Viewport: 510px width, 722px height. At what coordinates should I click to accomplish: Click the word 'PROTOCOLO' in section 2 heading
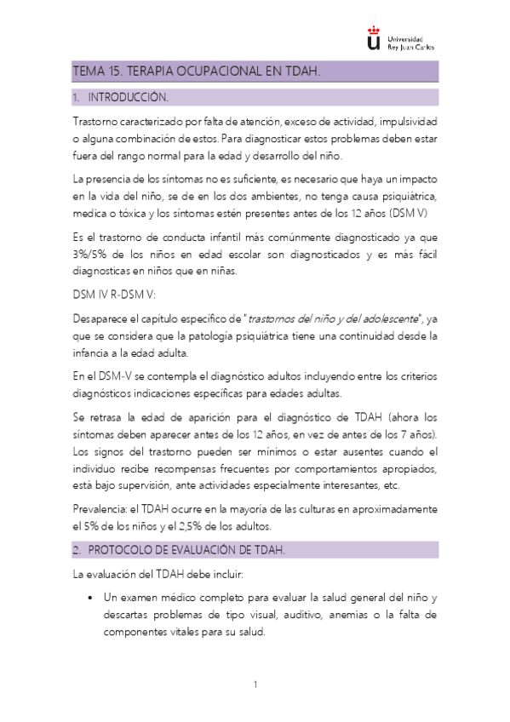[128, 550]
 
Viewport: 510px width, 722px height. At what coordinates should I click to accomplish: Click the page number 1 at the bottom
[255, 685]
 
